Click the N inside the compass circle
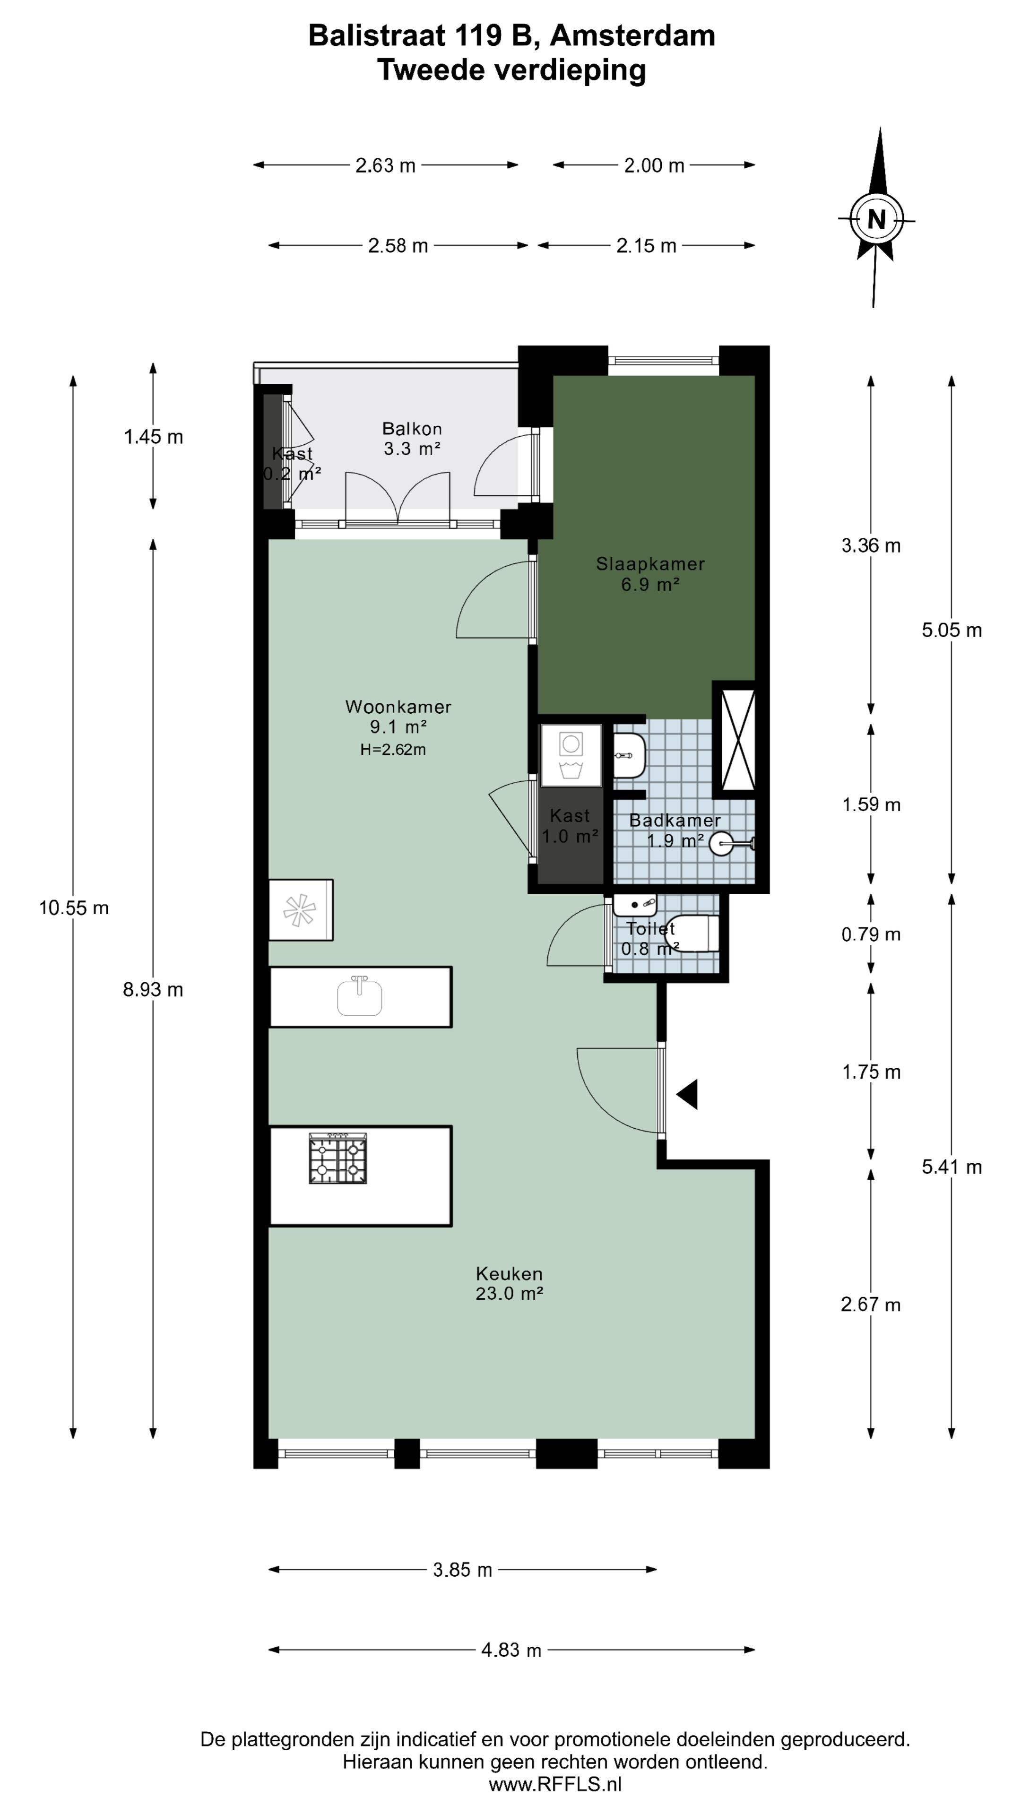click(876, 219)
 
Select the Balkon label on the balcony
click(412, 428)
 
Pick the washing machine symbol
click(571, 755)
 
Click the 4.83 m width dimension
click(511, 1650)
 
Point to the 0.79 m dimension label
click(871, 934)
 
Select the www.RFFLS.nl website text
click(555, 1784)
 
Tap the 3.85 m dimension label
click(463, 1569)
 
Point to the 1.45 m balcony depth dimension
click(154, 437)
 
